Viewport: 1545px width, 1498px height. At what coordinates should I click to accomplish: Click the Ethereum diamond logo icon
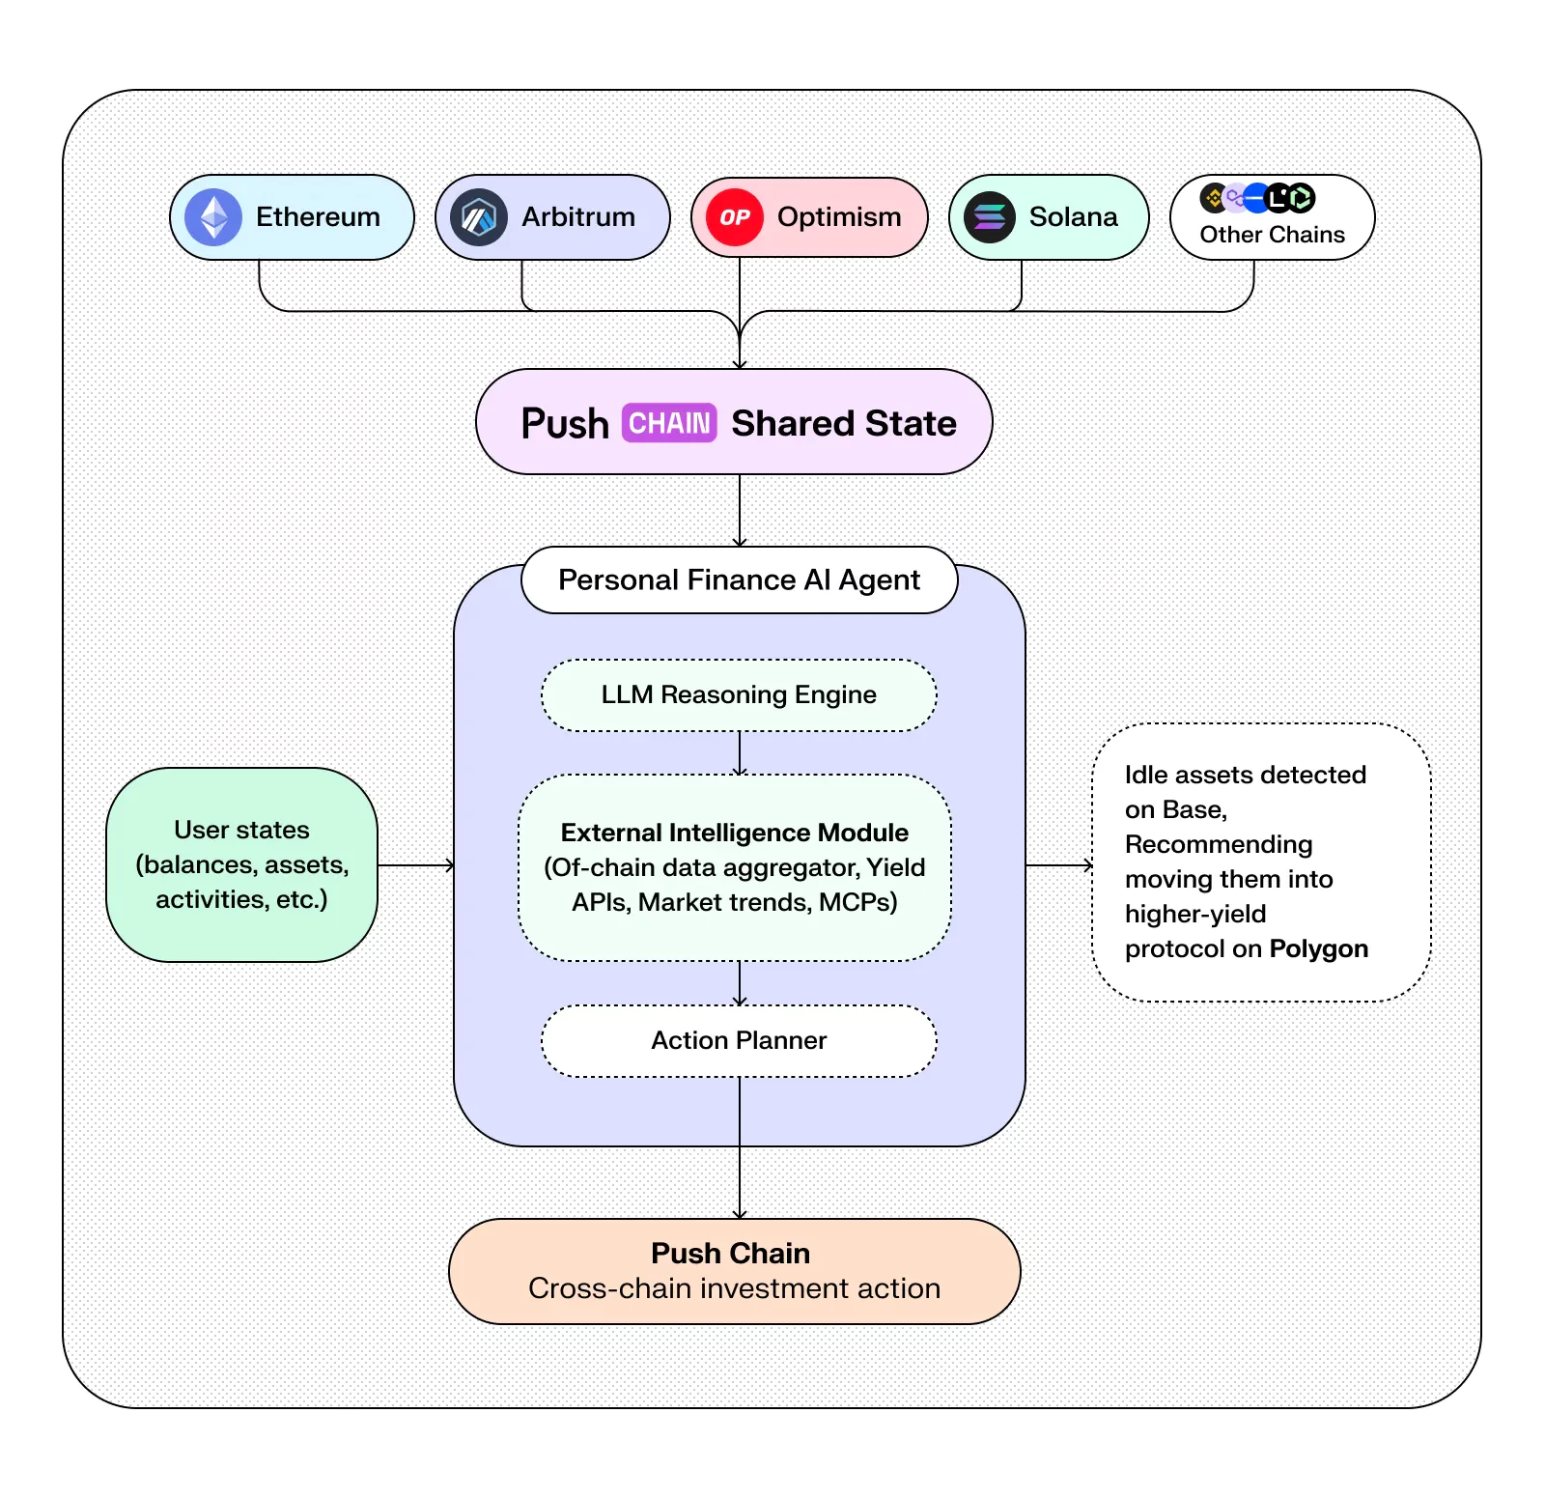213,217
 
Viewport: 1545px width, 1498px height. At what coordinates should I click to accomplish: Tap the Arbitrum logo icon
478,217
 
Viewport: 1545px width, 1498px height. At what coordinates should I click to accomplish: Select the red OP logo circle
735,217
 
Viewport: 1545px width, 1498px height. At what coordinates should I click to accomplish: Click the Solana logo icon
990,217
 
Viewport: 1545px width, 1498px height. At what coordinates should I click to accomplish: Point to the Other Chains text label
1272,235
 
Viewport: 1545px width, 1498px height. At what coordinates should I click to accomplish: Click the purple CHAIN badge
668,423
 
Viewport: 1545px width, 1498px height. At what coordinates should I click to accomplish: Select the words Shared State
843,423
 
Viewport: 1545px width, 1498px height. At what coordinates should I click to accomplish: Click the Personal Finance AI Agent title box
739,579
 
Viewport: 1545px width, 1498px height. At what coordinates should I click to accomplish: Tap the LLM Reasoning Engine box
739,694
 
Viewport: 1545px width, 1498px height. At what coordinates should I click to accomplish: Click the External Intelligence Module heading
734,833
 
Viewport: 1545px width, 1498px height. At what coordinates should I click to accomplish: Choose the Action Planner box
739,1040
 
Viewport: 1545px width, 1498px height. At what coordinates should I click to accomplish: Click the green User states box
241,864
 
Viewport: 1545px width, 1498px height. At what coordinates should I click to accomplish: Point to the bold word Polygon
1318,948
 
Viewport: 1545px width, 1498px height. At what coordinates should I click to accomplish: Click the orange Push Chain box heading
730,1253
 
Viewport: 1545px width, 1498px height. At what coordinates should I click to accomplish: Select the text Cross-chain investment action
734,1288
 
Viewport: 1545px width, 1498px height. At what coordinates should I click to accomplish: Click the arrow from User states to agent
415,865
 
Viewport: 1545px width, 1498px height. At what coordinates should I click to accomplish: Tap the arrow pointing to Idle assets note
1058,865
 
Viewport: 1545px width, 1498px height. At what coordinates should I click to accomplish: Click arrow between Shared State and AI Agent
740,510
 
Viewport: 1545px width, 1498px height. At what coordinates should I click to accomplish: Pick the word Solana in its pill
1073,217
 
